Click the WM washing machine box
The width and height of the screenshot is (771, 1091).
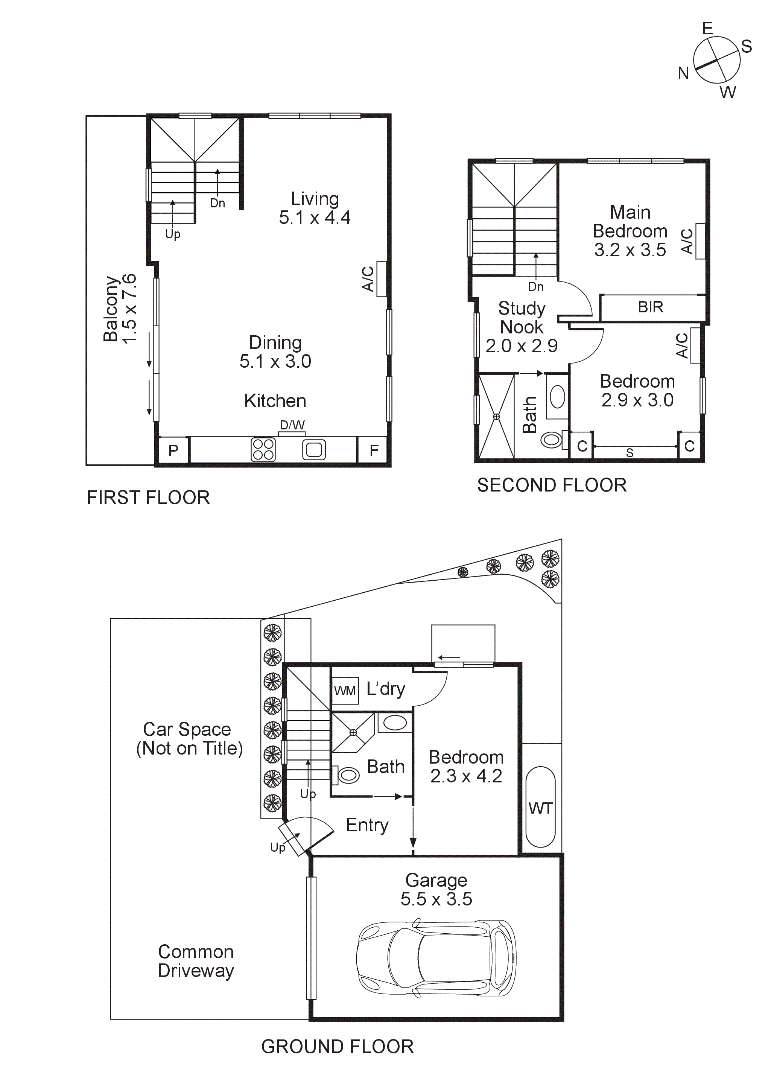(x=344, y=691)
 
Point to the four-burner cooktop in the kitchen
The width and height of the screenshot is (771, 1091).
(x=263, y=449)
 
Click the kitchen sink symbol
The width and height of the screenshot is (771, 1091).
(x=313, y=449)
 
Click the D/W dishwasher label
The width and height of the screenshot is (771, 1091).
(x=292, y=425)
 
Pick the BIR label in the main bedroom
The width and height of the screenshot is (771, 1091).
(x=650, y=307)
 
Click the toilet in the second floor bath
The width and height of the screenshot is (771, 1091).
(x=552, y=439)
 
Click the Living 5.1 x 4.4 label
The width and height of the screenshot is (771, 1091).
(x=315, y=208)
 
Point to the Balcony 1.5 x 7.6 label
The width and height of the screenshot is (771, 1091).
(x=120, y=308)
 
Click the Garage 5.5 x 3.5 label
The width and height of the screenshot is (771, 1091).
(x=436, y=890)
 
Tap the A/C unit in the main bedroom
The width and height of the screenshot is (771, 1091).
(x=700, y=241)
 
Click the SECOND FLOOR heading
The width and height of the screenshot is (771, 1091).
(x=552, y=485)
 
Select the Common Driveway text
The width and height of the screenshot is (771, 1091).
(x=196, y=961)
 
